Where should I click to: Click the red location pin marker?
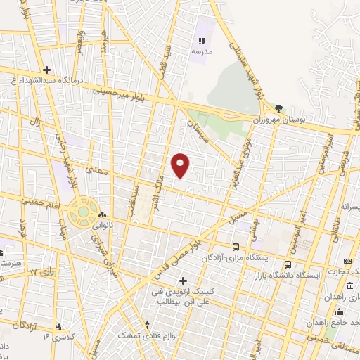[x=181, y=165]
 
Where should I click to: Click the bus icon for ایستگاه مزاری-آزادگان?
[x=236, y=247]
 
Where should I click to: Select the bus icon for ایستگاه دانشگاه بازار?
[x=287, y=264]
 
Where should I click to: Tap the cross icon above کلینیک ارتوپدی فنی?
[x=184, y=281]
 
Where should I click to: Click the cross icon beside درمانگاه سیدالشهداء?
[x=46, y=70]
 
